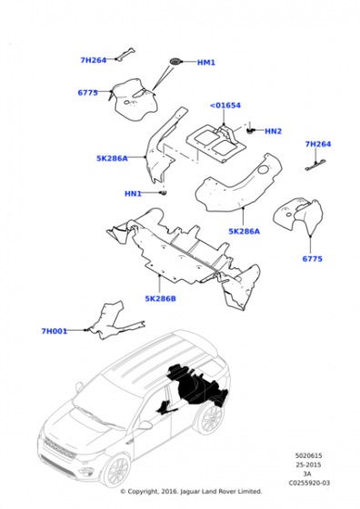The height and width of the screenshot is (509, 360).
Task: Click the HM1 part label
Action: (x=206, y=63)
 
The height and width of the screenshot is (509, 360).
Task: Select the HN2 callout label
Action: (x=273, y=131)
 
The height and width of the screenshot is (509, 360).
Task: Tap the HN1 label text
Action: (x=133, y=194)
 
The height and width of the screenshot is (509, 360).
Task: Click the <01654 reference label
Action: (x=225, y=105)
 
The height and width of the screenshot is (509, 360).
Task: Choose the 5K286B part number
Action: (x=160, y=299)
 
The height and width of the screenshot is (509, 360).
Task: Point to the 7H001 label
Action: (x=55, y=331)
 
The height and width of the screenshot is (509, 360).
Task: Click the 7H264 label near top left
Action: (x=94, y=60)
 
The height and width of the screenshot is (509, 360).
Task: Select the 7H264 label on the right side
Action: (x=318, y=144)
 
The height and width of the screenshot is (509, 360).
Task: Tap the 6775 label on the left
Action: (x=87, y=93)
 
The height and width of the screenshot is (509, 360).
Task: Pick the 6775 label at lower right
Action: (x=313, y=259)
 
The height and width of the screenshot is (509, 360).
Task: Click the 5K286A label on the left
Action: (x=112, y=158)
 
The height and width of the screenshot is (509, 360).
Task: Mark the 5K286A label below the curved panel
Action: (x=245, y=232)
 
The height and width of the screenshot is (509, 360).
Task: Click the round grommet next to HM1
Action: (x=175, y=62)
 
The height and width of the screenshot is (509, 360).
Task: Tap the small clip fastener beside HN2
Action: (x=250, y=131)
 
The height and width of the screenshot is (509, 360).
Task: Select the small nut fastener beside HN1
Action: (x=165, y=194)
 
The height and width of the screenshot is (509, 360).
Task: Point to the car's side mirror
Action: (x=145, y=425)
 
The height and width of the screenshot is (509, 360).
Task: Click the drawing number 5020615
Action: (x=308, y=455)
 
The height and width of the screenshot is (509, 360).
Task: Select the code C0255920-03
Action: (x=309, y=483)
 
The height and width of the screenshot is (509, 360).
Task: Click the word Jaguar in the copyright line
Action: (x=190, y=492)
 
